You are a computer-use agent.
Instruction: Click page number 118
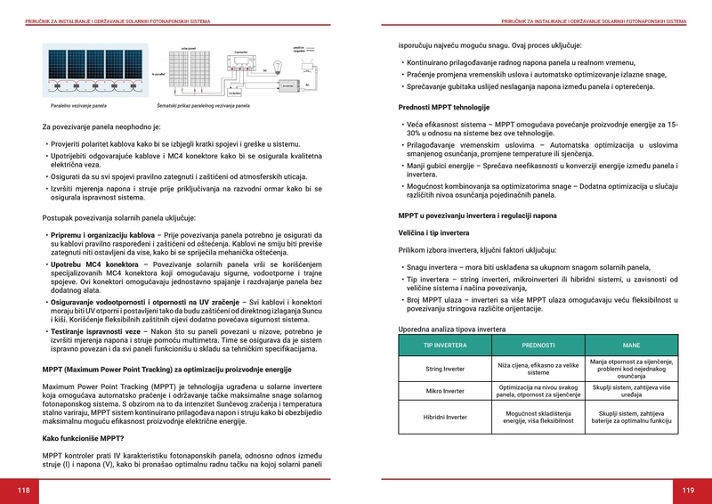click(x=23, y=490)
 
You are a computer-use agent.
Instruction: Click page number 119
click(x=688, y=490)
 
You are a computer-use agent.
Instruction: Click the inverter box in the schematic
click(x=288, y=84)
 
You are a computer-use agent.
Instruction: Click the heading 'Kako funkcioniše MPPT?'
click(x=83, y=438)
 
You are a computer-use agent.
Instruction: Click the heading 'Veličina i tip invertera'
click(x=433, y=232)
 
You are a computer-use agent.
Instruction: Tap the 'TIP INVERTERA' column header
click(x=444, y=345)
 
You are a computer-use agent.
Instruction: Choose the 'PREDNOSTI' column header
click(x=538, y=345)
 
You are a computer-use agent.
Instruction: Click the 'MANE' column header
click(x=631, y=345)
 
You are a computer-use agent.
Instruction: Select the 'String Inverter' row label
click(x=444, y=368)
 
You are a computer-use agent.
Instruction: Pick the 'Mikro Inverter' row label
click(x=444, y=391)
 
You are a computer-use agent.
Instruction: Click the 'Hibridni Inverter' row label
click(x=444, y=416)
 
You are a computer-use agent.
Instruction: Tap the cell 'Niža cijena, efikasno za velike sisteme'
click(x=538, y=368)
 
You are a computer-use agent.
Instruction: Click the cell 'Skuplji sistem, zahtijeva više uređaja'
click(x=631, y=391)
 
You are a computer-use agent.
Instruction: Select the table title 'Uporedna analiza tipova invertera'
click(x=451, y=329)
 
